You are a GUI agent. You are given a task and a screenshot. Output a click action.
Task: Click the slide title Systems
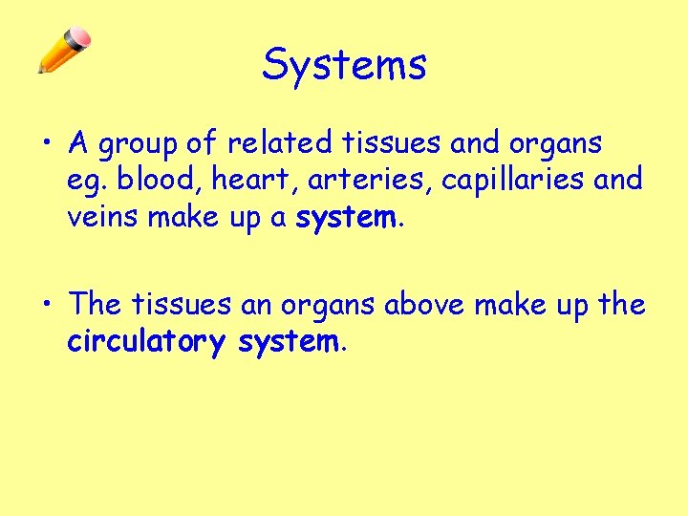pos(344,65)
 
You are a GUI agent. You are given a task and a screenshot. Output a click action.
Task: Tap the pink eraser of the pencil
pos(80,39)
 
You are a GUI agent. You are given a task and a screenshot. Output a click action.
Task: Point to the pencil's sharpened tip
pos(41,70)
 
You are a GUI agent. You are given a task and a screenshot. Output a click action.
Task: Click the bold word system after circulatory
pos(286,342)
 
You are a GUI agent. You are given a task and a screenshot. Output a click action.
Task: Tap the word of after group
pos(202,143)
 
